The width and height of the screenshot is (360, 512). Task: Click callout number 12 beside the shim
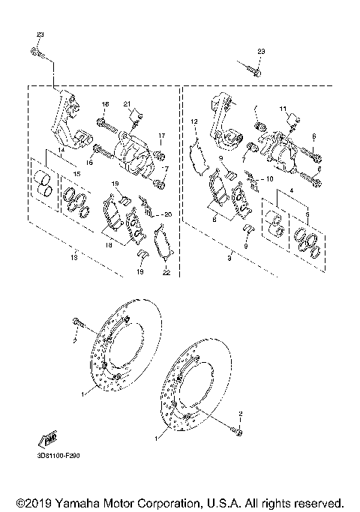coord(193,121)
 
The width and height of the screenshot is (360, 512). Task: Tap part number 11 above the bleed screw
coord(283,109)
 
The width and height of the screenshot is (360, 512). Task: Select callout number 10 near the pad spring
coord(271,179)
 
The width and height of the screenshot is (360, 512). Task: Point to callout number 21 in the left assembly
coord(127,103)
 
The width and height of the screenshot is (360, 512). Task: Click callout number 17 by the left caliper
coord(160,135)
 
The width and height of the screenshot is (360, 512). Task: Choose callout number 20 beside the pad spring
coord(168,214)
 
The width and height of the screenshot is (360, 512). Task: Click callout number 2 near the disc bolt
coord(241,413)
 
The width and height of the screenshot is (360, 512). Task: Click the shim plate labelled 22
coord(160,244)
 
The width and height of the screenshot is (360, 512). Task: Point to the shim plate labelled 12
coord(200,157)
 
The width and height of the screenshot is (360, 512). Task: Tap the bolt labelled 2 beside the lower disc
coord(239,430)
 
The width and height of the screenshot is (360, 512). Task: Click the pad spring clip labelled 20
coord(150,209)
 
